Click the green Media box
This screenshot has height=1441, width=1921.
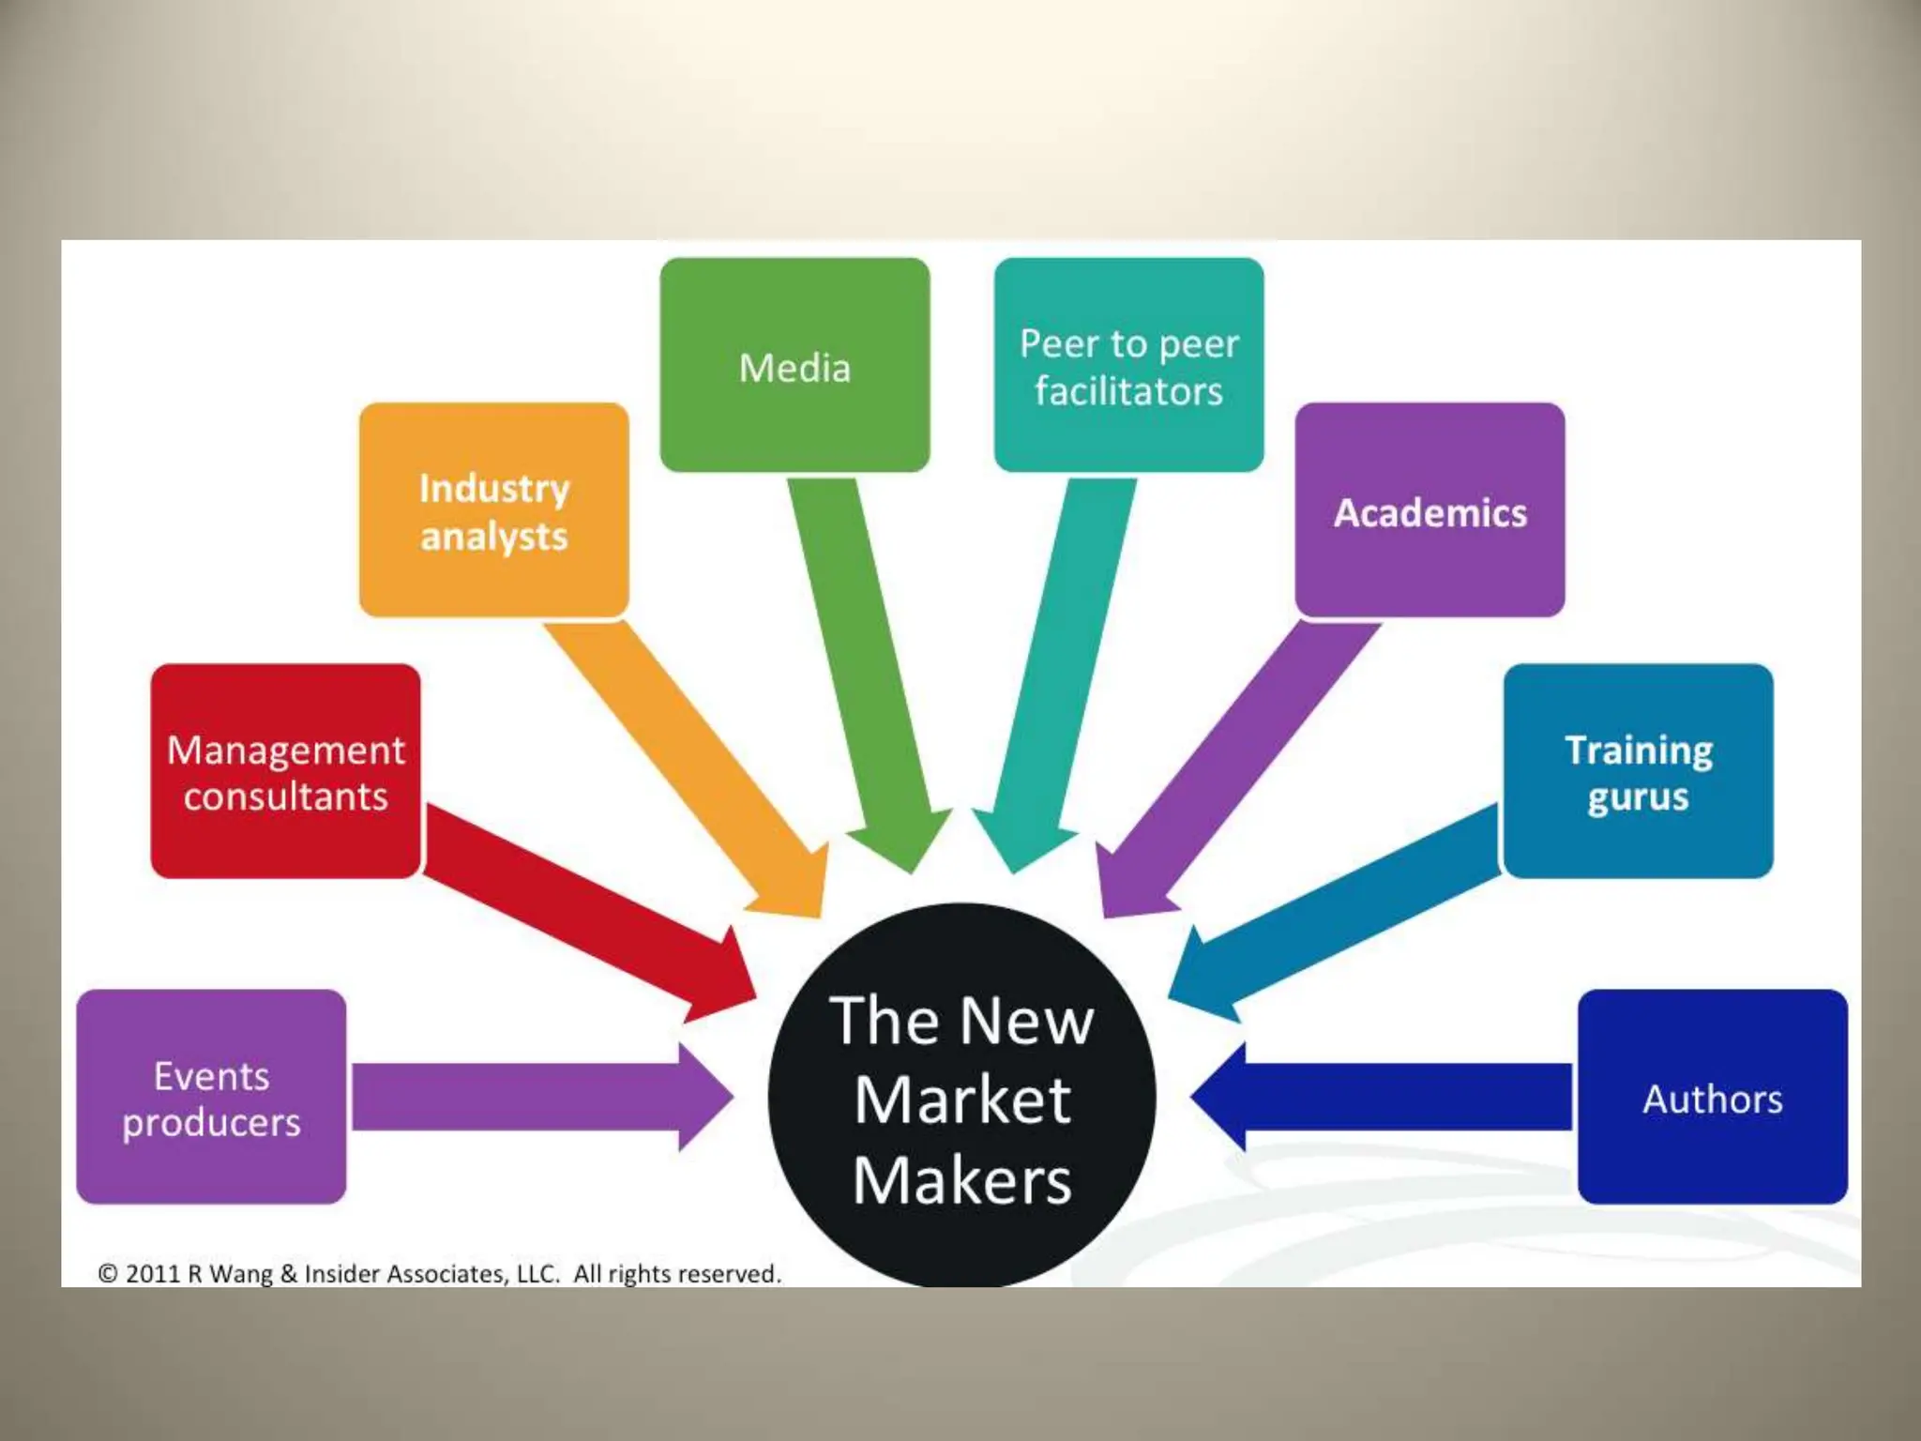794,365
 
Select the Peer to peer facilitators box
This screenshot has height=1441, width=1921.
1128,365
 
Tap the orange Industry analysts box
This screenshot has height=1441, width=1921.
493,510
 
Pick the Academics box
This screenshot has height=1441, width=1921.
1429,510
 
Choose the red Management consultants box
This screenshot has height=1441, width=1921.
285,771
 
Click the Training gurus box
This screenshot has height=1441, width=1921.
1638,771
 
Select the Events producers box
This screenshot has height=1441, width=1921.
211,1097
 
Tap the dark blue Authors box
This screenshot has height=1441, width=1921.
1712,1097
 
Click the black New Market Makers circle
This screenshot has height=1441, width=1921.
961,1098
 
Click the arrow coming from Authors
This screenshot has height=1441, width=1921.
1388,1097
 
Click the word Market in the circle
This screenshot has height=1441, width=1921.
962,1100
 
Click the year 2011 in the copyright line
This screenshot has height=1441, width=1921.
152,1274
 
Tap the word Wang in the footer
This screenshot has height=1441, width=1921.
240,1274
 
